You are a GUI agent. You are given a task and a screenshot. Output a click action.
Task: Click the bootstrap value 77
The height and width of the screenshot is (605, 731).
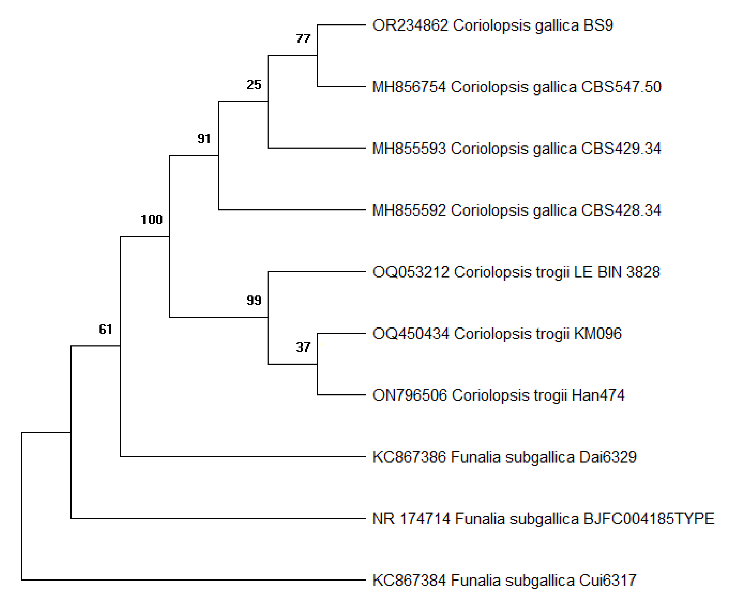(x=303, y=39)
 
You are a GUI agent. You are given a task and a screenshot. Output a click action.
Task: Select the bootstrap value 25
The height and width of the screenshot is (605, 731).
(x=254, y=85)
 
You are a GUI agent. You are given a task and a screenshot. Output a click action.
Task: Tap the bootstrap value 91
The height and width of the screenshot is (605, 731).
(x=204, y=139)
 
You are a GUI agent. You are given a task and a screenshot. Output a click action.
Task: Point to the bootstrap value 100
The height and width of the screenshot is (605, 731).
(x=151, y=219)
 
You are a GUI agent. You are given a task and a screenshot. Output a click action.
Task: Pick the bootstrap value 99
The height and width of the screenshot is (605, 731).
(x=254, y=300)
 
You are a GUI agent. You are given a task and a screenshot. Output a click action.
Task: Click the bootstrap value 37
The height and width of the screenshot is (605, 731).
(x=303, y=347)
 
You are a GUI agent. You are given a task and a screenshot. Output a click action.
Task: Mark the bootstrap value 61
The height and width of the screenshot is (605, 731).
(x=105, y=329)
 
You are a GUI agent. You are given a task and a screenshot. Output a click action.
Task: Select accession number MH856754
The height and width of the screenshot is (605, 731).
(x=409, y=87)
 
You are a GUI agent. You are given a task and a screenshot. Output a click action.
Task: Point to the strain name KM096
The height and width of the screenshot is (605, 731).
(x=597, y=334)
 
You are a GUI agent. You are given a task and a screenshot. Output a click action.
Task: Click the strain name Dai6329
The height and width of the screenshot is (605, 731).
(x=608, y=457)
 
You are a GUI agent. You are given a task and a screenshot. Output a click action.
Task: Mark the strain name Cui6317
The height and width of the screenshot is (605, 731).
(x=608, y=580)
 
